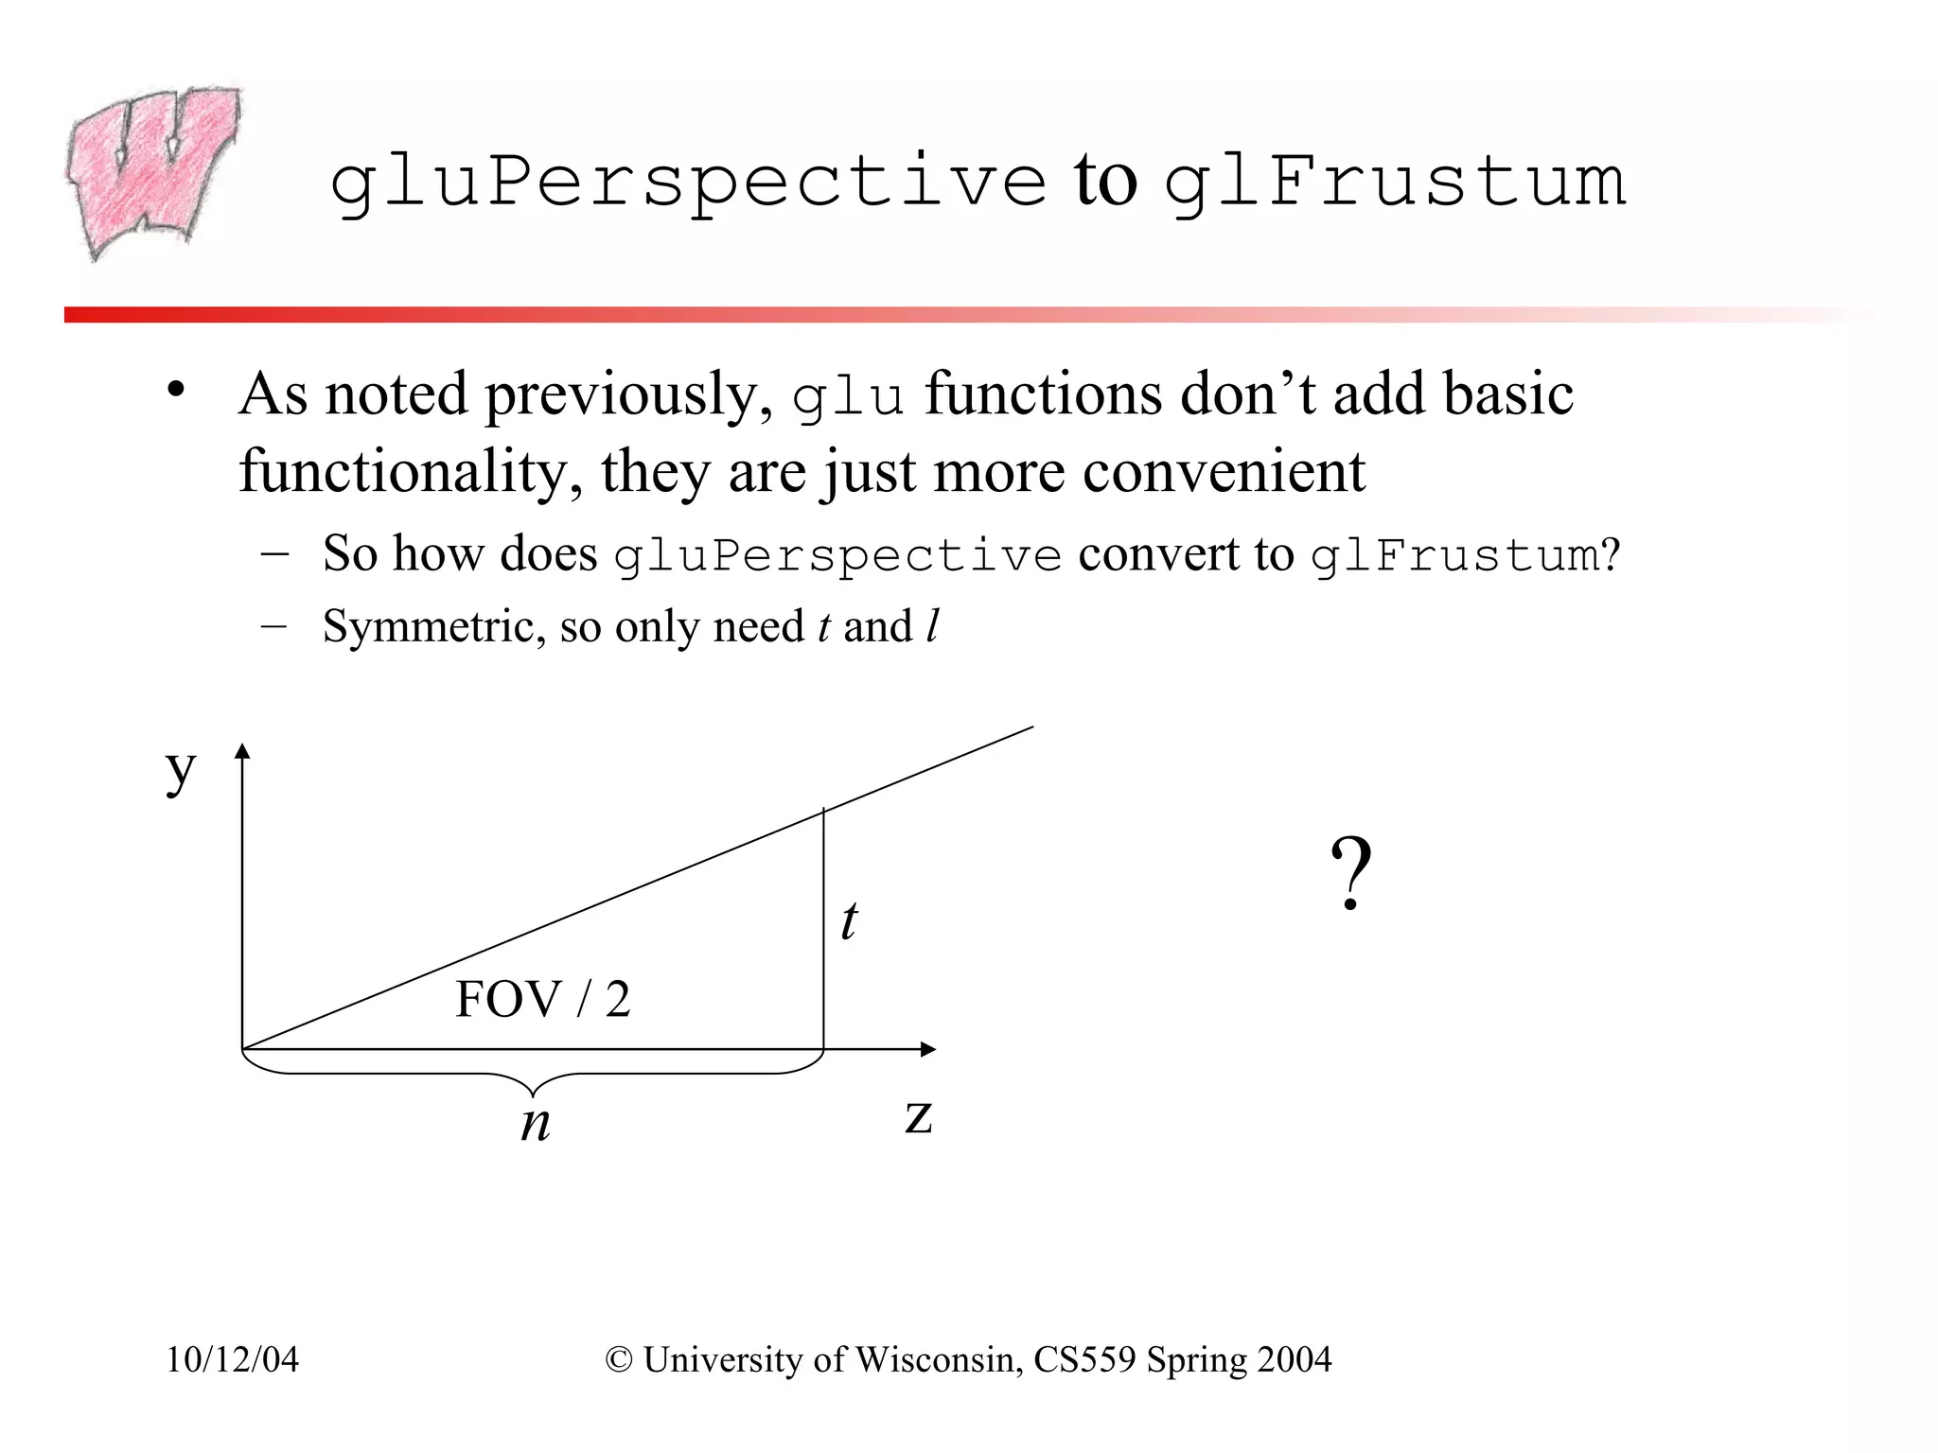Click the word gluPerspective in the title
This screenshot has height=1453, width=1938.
point(688,182)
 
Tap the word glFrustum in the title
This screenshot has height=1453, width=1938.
point(1394,182)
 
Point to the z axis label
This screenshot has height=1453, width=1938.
point(918,1116)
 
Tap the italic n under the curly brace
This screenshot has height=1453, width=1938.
point(536,1124)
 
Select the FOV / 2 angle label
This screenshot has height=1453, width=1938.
point(542,999)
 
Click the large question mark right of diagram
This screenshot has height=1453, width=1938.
point(1350,875)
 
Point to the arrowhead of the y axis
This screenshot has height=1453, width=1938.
point(242,751)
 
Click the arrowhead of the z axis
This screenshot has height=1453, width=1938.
point(928,1049)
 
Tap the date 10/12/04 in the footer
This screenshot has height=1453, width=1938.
point(232,1359)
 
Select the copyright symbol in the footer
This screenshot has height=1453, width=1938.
point(619,1360)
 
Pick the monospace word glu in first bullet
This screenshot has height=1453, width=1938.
point(847,397)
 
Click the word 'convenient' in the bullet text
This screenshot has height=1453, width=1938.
point(1224,471)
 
